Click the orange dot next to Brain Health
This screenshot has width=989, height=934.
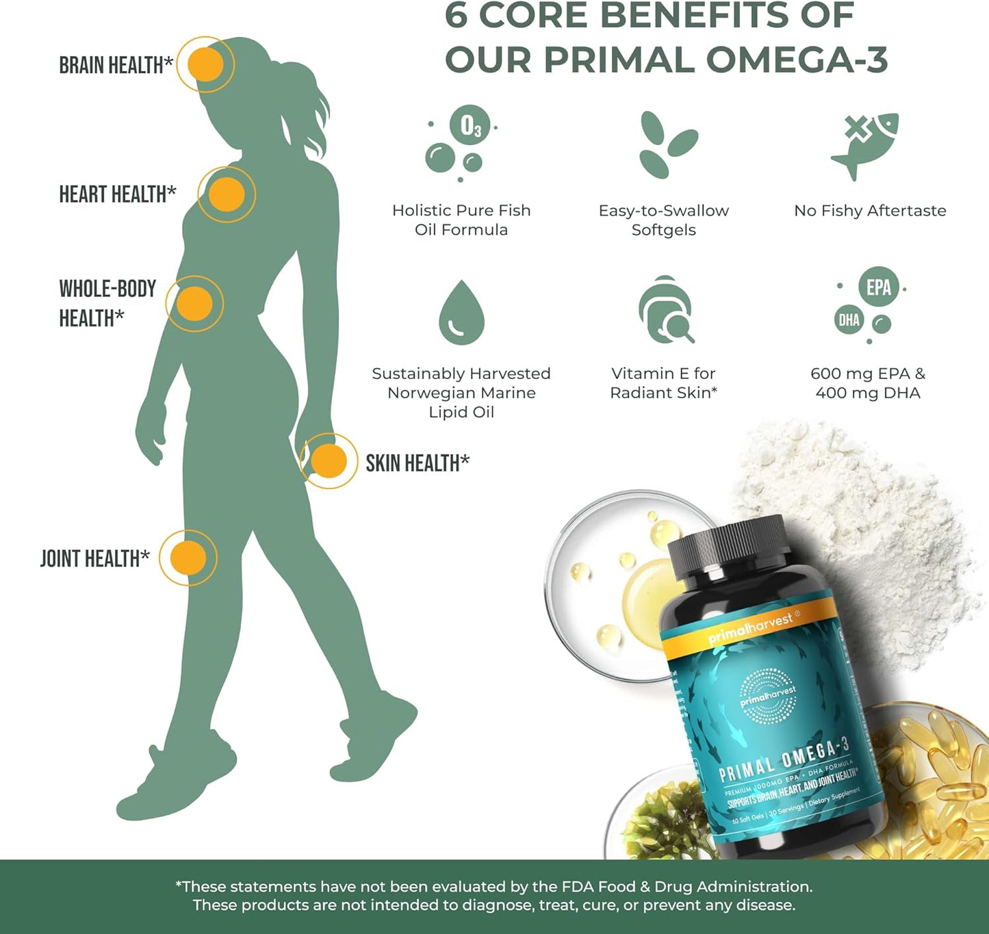pos(205,65)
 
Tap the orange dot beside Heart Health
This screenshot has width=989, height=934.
pos(227,194)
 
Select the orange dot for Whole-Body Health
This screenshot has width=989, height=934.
pos(194,304)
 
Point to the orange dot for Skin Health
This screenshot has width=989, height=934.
pos(329,461)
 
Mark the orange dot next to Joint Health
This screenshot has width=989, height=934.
pos(188,558)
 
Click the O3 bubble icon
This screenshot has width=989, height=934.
pos(470,125)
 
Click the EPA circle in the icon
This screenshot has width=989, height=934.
pos(878,287)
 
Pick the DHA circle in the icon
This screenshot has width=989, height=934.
pos(849,320)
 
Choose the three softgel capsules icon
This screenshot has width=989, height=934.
pos(664,145)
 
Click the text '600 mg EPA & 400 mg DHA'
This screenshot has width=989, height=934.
pos(868,383)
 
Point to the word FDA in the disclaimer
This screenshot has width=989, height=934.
pos(578,887)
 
